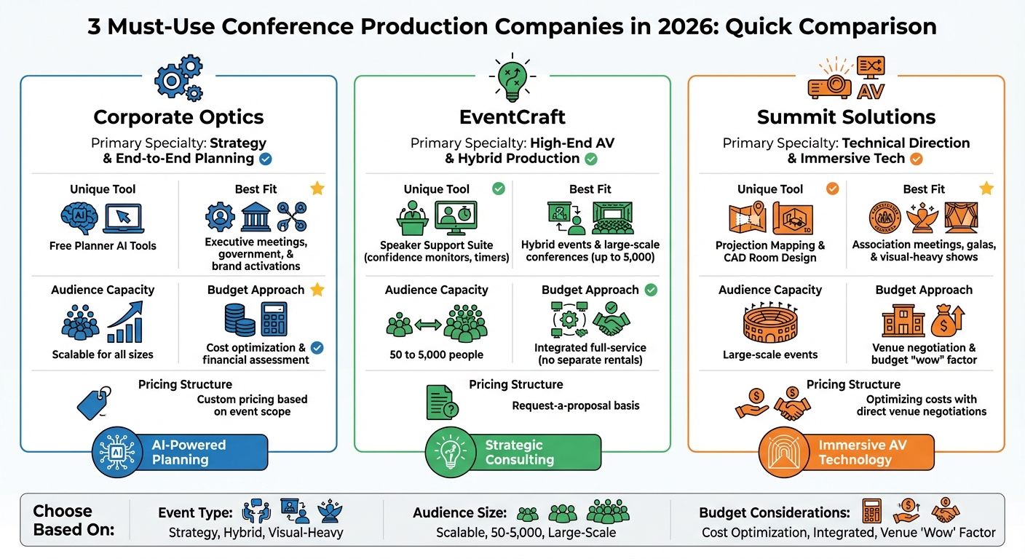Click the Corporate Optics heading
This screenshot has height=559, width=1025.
point(178,116)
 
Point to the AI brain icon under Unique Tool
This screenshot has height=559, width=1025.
point(78,217)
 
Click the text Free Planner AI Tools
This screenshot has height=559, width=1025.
point(103,246)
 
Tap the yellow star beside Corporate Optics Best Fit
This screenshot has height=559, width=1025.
point(317,189)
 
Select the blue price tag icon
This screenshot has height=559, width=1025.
point(94,403)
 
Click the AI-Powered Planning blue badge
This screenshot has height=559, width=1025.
point(180,452)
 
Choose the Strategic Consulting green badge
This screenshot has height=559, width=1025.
point(513,452)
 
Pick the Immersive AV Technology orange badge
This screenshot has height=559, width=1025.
point(847,452)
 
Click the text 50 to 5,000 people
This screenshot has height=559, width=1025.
point(436,355)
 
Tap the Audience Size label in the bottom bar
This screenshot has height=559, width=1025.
point(459,513)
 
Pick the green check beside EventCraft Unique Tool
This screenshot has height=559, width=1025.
point(499,189)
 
